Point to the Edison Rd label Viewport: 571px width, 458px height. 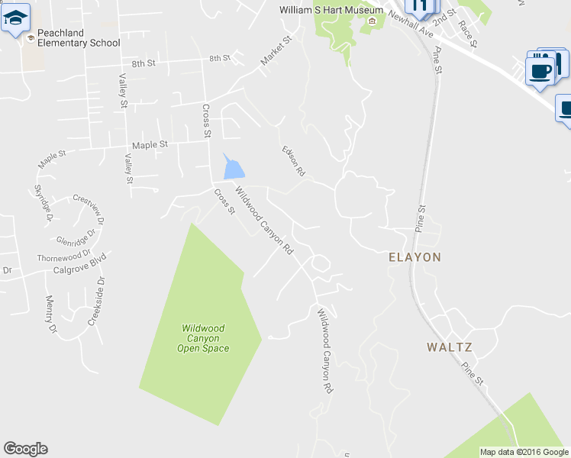293,161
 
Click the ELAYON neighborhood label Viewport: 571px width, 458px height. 415,257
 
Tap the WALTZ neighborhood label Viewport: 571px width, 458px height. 449,347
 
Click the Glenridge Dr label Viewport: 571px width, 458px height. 79,235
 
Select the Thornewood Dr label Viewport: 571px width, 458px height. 64,254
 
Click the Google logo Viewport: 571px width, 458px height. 25,449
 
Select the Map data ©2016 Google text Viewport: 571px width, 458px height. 523,452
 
